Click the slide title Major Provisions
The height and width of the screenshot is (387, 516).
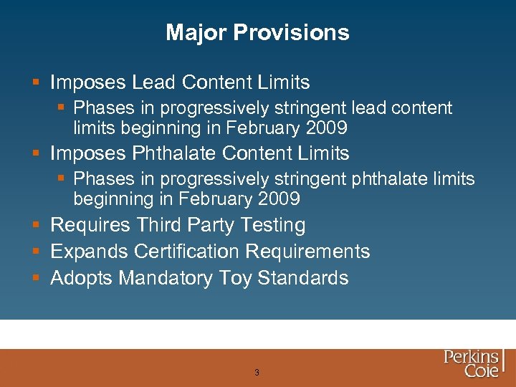click(x=257, y=32)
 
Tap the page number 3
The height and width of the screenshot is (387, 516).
click(x=257, y=373)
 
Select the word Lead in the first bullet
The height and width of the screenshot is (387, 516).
click(x=154, y=82)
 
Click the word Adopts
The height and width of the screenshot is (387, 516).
click(x=81, y=279)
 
